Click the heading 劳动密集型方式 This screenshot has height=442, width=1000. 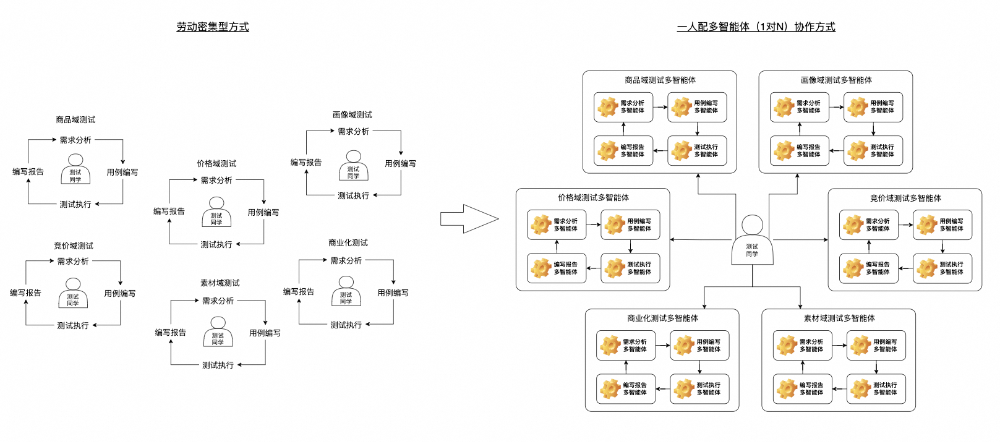click(211, 27)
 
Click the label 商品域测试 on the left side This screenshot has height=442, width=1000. click(75, 121)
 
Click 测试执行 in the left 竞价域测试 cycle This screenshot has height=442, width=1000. click(73, 326)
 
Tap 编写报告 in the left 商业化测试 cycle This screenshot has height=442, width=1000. click(300, 292)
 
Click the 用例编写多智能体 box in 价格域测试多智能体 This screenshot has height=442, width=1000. click(627, 226)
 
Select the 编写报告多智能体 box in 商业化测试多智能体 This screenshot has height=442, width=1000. click(626, 386)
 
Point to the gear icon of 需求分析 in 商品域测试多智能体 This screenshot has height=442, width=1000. click(607, 107)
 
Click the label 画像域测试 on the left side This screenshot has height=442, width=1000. click(353, 114)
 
